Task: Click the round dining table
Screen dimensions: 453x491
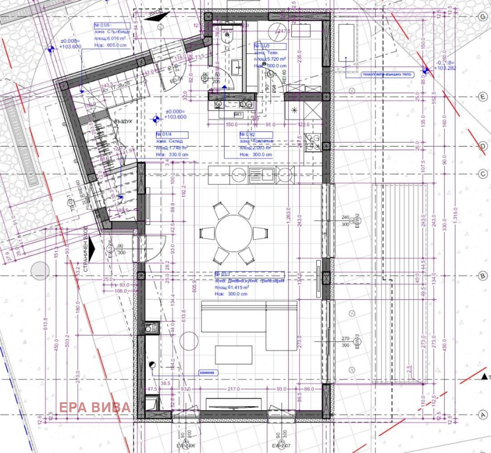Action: pyautogui.click(x=233, y=233)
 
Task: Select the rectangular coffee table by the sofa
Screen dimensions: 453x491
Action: pyautogui.click(x=233, y=355)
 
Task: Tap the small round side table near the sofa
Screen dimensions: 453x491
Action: pyautogui.click(x=189, y=341)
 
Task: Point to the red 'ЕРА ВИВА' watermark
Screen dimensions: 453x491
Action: pyautogui.click(x=95, y=407)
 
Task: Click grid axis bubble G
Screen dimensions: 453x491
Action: pyautogui.click(x=483, y=16)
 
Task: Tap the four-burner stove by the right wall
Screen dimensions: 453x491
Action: pyautogui.click(x=312, y=141)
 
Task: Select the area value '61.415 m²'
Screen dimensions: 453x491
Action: pyautogui.click(x=239, y=287)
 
